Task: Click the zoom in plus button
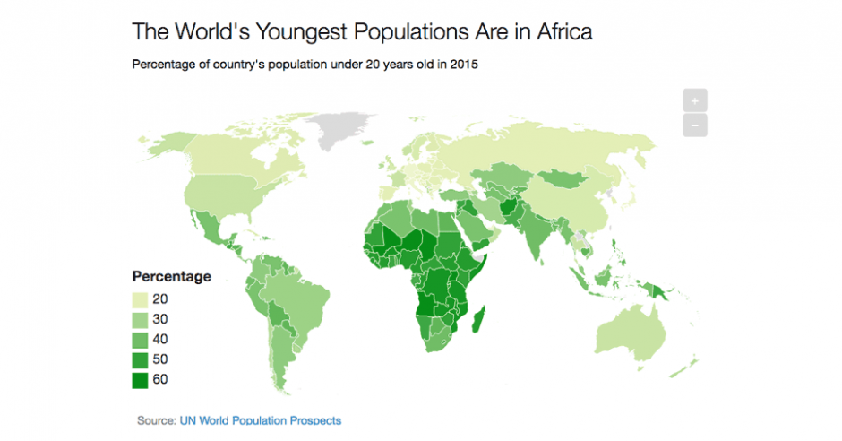pyautogui.click(x=694, y=101)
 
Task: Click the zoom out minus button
pyautogui.click(x=694, y=125)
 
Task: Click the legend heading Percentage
pyautogui.click(x=171, y=276)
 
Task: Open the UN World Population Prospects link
pyautogui.click(x=260, y=419)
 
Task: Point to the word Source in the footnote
pyautogui.click(x=156, y=419)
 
